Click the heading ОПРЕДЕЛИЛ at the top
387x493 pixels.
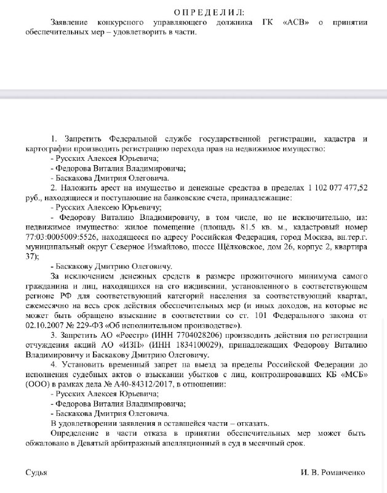pyautogui.click(x=209, y=12)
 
